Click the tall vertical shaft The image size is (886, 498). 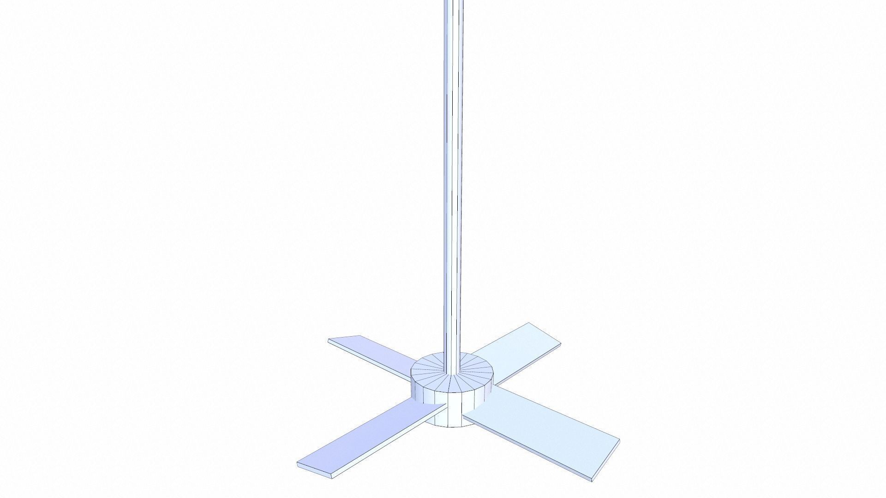pos(453,184)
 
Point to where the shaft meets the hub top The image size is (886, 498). pos(452,373)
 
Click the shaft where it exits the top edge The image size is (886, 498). pos(453,2)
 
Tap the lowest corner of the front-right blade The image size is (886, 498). pos(593,481)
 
